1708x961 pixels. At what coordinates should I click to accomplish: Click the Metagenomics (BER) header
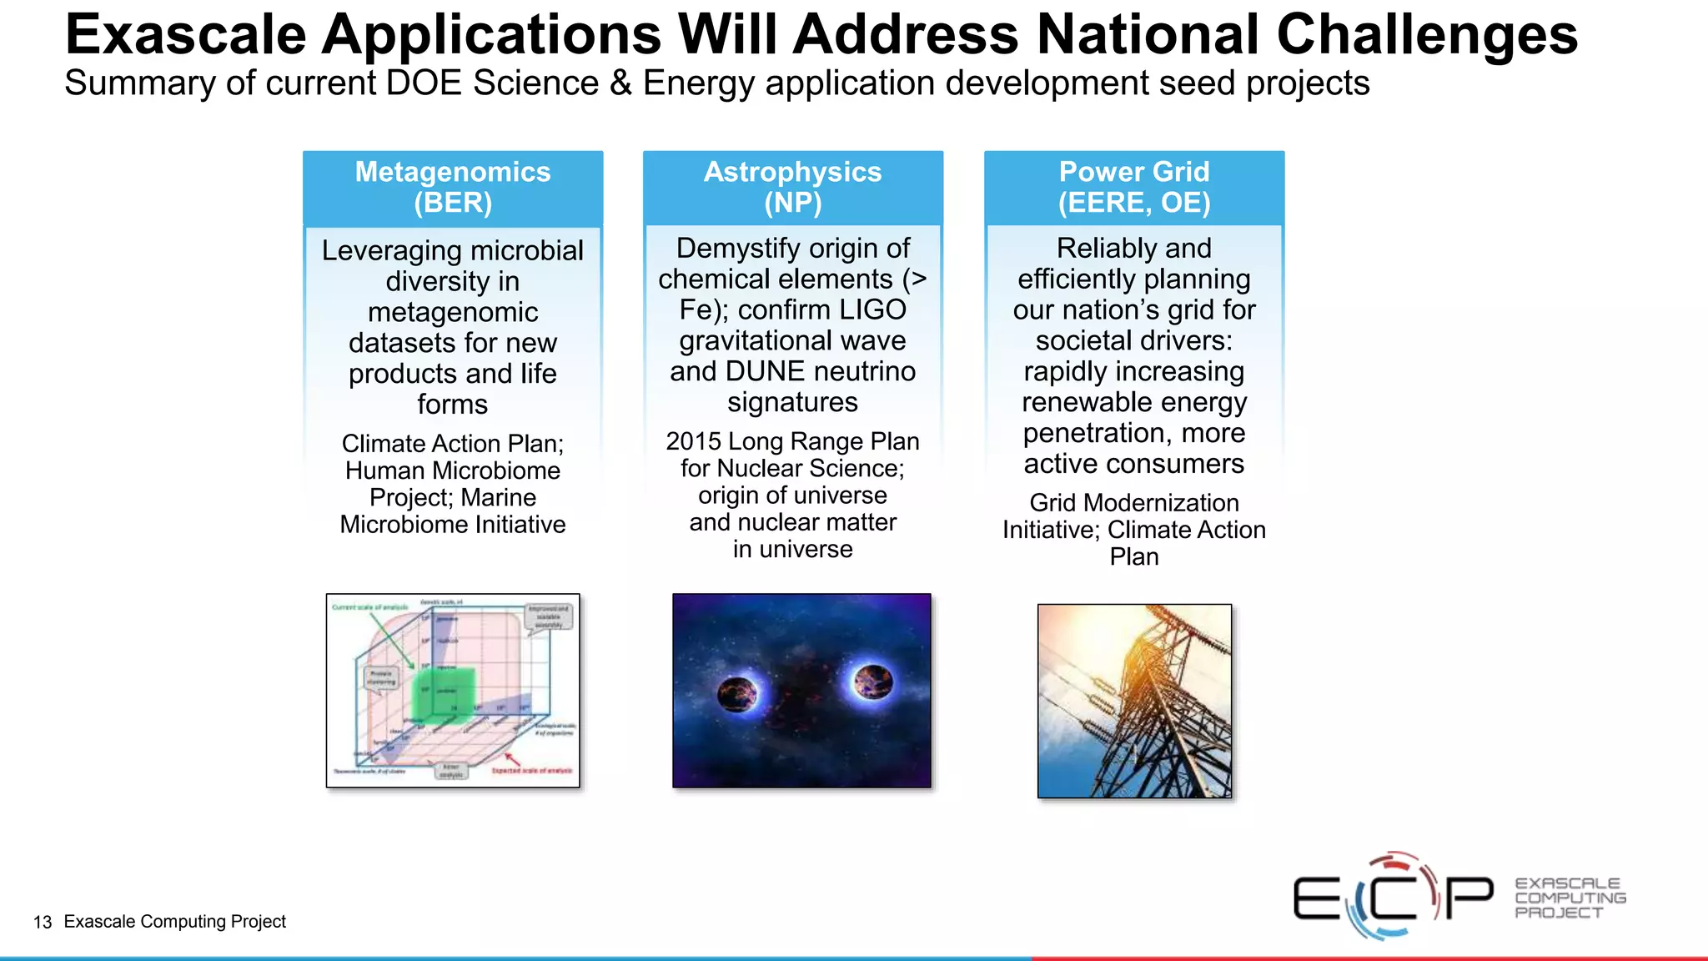(453, 187)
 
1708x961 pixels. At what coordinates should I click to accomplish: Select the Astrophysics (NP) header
(792, 187)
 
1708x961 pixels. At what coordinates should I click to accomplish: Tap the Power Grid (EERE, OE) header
(1133, 187)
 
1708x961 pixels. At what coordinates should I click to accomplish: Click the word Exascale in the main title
(185, 35)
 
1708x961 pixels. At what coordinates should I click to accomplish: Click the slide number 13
(43, 922)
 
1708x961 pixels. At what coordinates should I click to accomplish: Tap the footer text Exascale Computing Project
(174, 921)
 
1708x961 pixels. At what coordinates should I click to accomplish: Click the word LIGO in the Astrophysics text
(872, 309)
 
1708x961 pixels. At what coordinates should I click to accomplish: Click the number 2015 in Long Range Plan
(692, 441)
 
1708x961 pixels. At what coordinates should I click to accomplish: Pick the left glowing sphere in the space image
(737, 692)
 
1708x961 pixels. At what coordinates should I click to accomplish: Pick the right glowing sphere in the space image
(872, 682)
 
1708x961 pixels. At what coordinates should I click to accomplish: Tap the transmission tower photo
(1134, 701)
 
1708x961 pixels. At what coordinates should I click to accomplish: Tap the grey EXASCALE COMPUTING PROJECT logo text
(1570, 898)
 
